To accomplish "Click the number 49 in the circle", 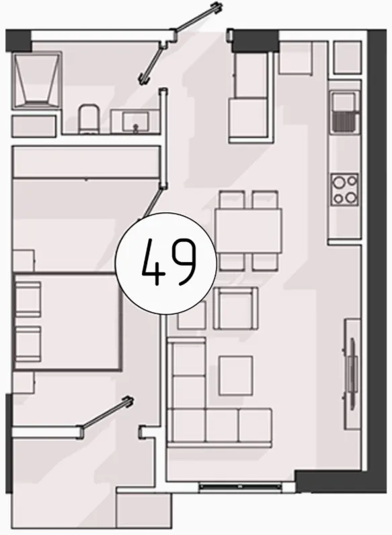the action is tap(169, 262).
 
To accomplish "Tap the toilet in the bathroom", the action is tap(88, 119).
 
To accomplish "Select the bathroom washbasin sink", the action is tap(136, 122).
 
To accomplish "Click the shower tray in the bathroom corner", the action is tap(37, 81).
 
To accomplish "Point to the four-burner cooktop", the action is tap(344, 189).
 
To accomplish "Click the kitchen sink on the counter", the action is tap(344, 112).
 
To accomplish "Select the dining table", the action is tap(249, 230).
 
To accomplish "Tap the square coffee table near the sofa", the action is tap(236, 375).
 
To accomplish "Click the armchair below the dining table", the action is tap(235, 309).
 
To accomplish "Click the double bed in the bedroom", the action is tap(67, 321).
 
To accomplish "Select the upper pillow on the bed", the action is tap(28, 298).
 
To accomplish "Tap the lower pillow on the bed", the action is tap(28, 343).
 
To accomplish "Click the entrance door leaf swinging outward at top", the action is tap(198, 18).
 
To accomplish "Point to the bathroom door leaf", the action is tap(152, 61).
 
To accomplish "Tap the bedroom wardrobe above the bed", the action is tap(86, 162).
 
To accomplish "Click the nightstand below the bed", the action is tap(23, 383).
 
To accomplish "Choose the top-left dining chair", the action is tap(232, 199).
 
